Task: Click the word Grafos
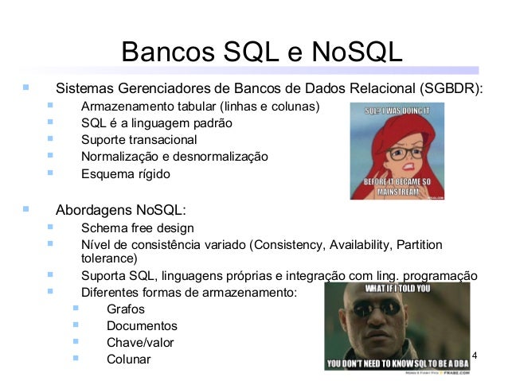coord(125,309)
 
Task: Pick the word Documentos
coord(142,326)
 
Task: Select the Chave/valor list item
coord(140,343)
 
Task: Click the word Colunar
coord(127,360)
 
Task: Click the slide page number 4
coord(475,354)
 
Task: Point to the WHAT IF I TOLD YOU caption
coord(397,289)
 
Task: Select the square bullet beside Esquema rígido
coord(50,173)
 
